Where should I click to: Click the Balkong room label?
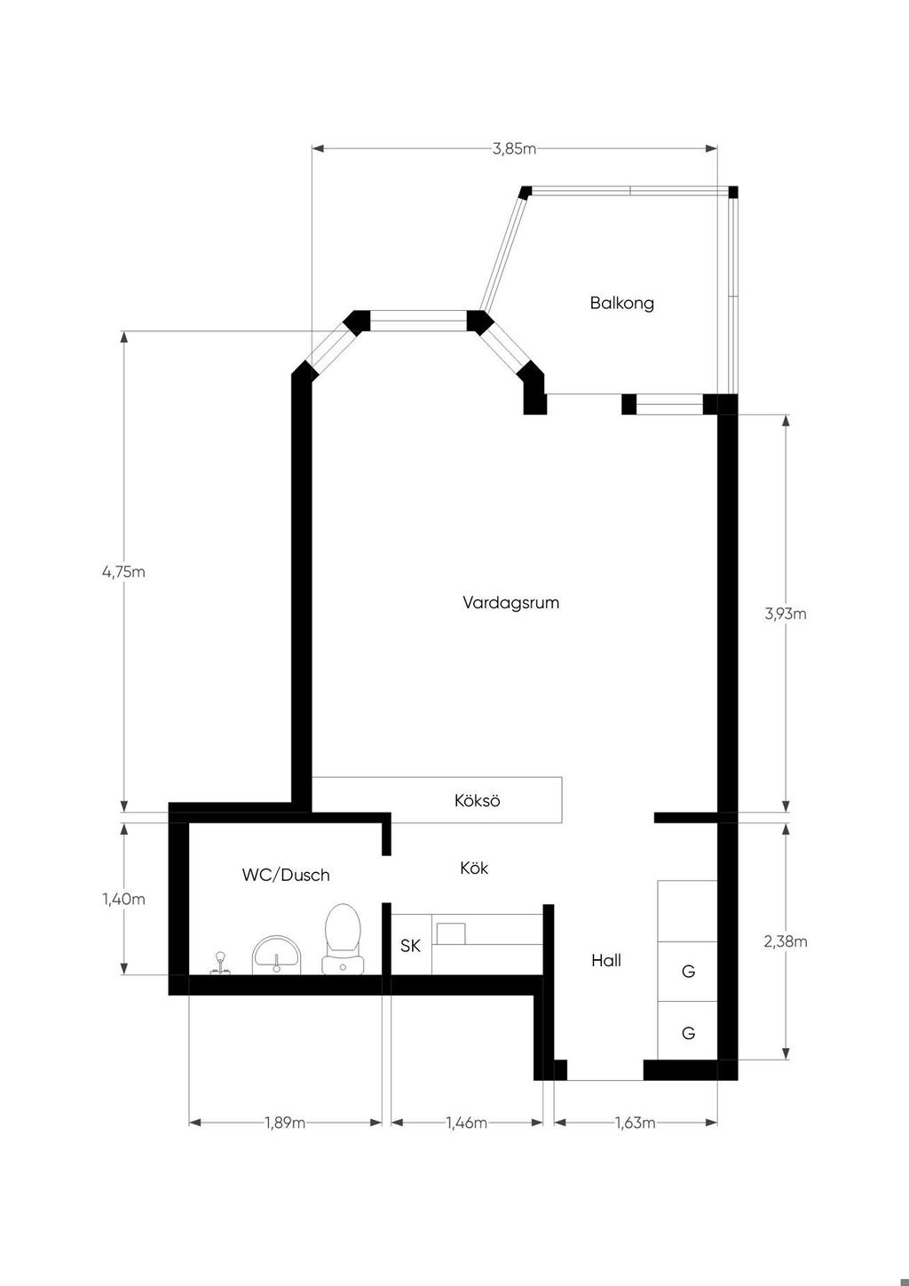[622, 303]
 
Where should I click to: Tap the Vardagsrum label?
[510, 603]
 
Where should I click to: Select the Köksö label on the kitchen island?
[477, 800]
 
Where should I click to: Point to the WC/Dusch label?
[286, 875]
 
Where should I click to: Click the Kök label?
[474, 868]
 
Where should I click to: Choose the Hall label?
[606, 960]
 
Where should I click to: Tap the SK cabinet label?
[410, 946]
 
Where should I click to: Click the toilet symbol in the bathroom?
[343, 940]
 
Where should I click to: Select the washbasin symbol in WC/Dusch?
[277, 956]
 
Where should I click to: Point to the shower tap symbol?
[220, 964]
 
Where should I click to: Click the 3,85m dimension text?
[514, 148]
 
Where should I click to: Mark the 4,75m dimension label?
[123, 572]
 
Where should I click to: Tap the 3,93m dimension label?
[785, 614]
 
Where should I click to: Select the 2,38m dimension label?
[785, 941]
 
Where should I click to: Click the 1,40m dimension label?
[123, 899]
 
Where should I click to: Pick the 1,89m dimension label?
[285, 1123]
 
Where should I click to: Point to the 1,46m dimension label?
[467, 1123]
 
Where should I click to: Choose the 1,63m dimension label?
[636, 1123]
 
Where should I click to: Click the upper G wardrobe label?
[688, 972]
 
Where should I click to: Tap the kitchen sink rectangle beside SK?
[451, 933]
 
